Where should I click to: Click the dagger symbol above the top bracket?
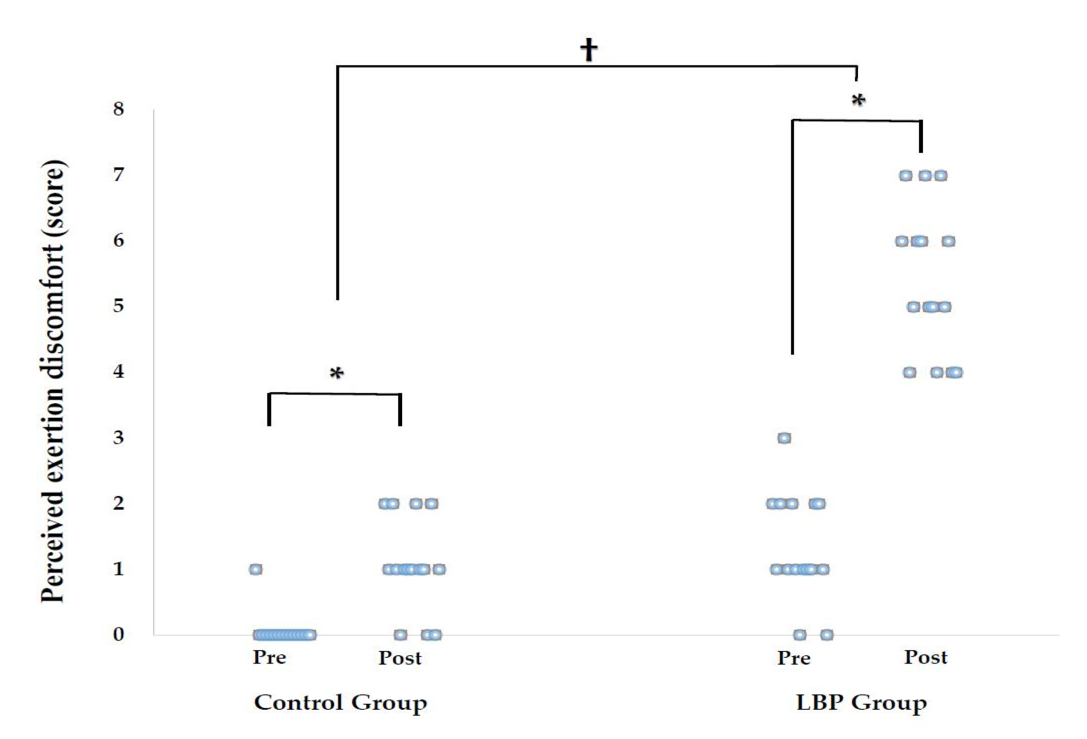(588, 50)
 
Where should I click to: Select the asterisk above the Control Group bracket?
(337, 374)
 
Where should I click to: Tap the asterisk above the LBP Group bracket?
(858, 101)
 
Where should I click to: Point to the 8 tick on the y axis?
(119, 109)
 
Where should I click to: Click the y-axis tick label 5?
(119, 306)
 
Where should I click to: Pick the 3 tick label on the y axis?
(119, 438)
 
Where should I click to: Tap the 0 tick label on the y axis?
(119, 634)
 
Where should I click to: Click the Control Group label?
(340, 702)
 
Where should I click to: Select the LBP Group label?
(861, 702)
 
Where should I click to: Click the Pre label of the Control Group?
(270, 657)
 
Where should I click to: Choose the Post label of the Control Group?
(400, 657)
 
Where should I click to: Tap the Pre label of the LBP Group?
(794, 657)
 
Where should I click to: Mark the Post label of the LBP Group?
(926, 657)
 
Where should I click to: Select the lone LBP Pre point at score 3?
(784, 438)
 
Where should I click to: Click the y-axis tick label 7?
(119, 175)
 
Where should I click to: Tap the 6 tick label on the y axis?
(119, 241)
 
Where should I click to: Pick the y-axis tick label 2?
(119, 504)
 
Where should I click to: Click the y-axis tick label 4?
(119, 372)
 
